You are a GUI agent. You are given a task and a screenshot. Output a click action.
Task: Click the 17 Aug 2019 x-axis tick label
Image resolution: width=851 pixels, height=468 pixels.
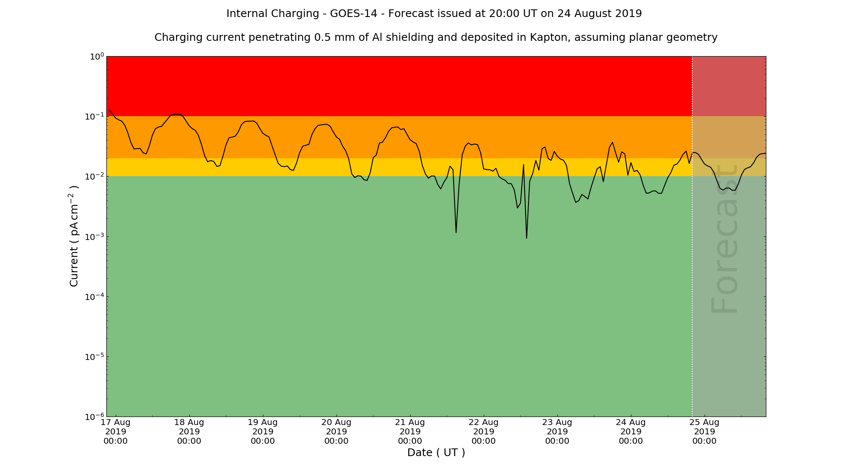tap(116, 432)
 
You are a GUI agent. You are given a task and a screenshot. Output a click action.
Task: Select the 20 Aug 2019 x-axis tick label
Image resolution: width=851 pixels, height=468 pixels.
tap(337, 432)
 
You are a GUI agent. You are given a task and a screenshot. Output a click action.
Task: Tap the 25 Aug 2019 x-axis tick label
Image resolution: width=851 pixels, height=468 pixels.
tap(705, 432)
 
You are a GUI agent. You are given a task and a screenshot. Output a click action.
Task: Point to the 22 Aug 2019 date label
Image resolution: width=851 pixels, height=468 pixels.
tap(484, 432)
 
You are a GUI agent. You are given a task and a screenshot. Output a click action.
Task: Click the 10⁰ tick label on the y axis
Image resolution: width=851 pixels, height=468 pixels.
tap(97, 57)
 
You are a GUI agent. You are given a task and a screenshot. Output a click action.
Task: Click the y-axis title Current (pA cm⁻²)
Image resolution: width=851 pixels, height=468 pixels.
tap(74, 236)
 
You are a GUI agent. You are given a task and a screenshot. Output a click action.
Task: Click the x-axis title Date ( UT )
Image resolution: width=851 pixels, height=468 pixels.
tap(436, 453)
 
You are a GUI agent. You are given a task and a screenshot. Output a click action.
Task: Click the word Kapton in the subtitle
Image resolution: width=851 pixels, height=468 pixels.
tap(550, 37)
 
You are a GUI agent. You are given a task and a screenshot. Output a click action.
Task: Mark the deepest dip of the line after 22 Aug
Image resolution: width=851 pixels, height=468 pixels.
tap(527, 238)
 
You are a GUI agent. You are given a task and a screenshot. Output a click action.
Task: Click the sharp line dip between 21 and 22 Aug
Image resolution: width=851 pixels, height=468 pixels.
tap(456, 232)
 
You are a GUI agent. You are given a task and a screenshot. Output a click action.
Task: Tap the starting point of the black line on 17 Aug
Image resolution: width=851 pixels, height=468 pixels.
tap(110, 110)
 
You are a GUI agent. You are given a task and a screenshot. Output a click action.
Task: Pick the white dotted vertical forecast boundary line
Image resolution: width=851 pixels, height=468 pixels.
tap(692, 255)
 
